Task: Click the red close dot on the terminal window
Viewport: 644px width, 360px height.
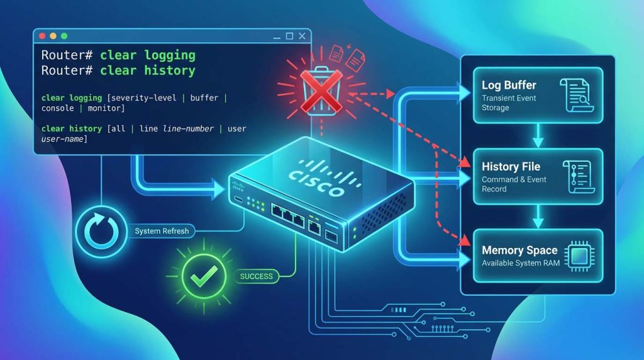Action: click(42, 36)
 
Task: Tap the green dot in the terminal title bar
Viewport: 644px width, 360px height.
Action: click(64, 36)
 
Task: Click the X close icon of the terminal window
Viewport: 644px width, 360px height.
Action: click(302, 36)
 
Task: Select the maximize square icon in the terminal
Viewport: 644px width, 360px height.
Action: click(289, 36)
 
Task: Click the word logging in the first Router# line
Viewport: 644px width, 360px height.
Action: click(170, 55)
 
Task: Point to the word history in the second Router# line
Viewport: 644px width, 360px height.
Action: click(170, 70)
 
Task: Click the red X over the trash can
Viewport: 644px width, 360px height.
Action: click(321, 91)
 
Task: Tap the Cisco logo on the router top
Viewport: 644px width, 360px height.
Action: click(324, 178)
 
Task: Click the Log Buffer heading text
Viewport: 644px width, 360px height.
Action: click(509, 85)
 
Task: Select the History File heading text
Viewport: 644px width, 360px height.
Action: click(511, 166)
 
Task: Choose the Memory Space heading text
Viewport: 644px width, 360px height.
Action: click(519, 250)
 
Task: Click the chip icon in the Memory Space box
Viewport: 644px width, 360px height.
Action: click(579, 256)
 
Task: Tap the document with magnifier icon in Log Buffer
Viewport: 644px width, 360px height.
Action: click(577, 95)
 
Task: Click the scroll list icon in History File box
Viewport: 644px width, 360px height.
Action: click(579, 177)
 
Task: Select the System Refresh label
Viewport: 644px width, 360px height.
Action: click(162, 231)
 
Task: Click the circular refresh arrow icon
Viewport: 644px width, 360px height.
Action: click(101, 232)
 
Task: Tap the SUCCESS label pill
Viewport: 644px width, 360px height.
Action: click(257, 276)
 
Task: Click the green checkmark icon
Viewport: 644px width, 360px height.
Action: click(204, 276)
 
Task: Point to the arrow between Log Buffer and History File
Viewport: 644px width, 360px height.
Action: click(538, 135)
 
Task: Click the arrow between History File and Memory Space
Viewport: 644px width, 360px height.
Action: click(538, 216)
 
